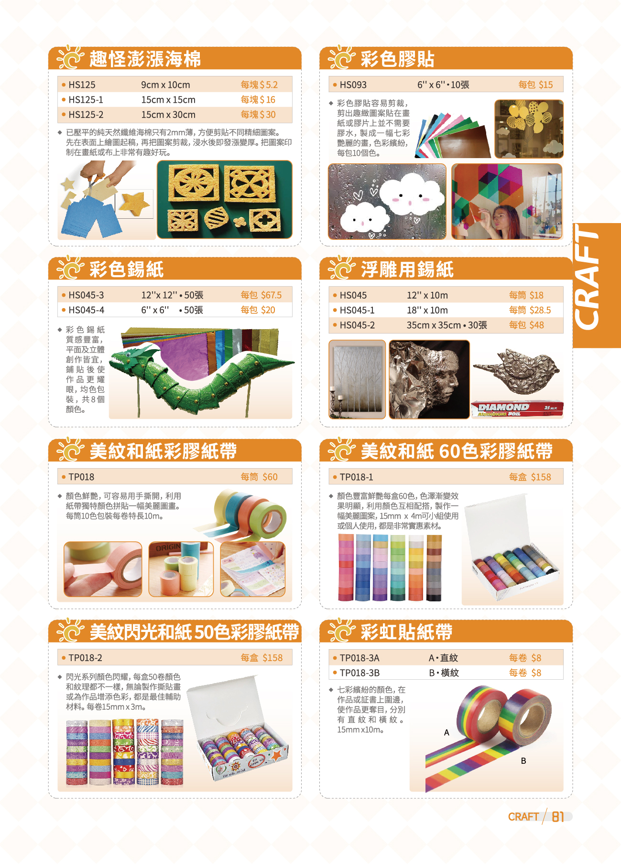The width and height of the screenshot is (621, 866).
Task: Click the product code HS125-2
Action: [86, 115]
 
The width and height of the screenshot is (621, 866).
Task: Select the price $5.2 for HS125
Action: [268, 85]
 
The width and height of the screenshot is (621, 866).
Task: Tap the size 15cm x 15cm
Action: [168, 100]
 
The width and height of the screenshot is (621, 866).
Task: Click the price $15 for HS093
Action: [545, 85]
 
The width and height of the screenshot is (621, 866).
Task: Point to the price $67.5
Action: [271, 295]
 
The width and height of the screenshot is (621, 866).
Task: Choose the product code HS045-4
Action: [86, 310]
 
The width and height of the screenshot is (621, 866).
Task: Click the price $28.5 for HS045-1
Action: [540, 310]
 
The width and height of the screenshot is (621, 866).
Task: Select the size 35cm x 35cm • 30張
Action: [447, 325]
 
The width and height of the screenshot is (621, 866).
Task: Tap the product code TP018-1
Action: [356, 477]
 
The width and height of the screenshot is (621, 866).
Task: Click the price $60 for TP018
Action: [270, 477]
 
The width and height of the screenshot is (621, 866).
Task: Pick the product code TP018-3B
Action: [360, 673]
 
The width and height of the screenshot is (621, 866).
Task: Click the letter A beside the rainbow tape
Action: [447, 732]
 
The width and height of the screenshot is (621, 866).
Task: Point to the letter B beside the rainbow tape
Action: [523, 760]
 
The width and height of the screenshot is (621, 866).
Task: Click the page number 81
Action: [558, 817]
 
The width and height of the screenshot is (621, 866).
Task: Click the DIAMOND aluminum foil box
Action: [517, 408]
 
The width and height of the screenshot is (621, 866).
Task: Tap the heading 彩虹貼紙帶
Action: [406, 631]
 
